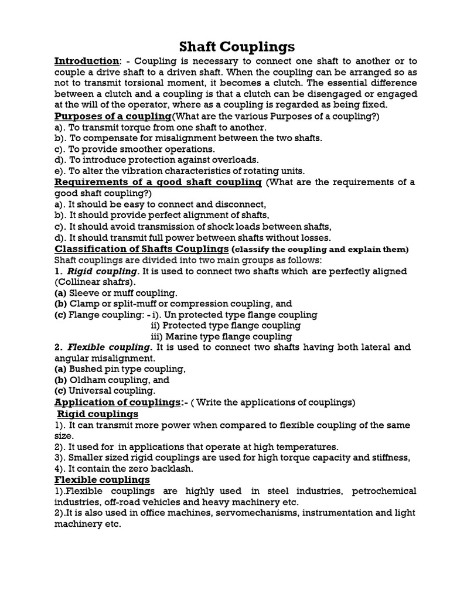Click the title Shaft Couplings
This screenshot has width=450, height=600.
tap(224, 46)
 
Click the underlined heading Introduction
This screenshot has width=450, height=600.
tap(86, 62)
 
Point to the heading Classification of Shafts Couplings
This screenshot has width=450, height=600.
tap(141, 248)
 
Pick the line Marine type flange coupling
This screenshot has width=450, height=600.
tap(229, 336)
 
